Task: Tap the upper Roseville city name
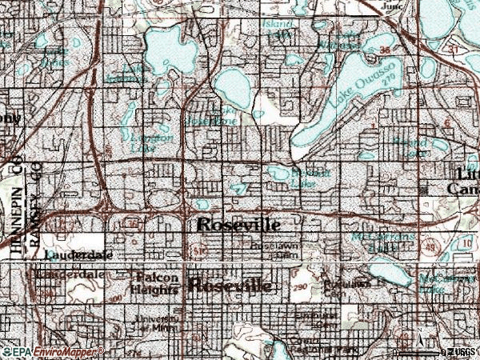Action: tap(238, 226)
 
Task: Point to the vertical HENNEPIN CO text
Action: tap(16, 208)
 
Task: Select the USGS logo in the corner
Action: tap(459, 351)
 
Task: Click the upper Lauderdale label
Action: tap(75, 255)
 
